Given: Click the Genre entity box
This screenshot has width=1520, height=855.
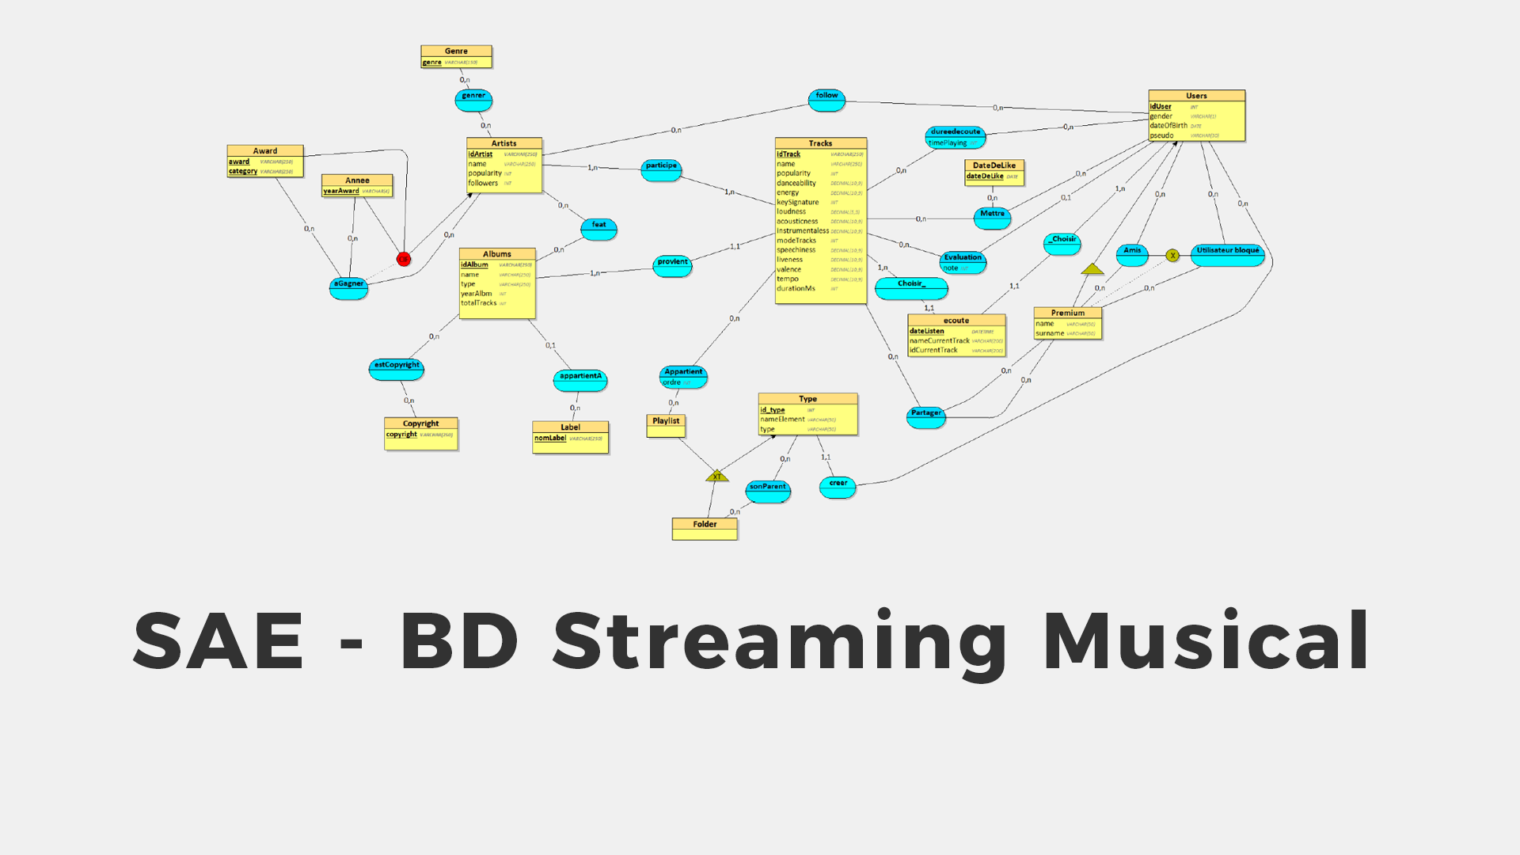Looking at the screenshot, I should pyautogui.click(x=456, y=56).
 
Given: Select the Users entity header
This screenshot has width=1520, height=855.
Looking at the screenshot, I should pyautogui.click(x=1196, y=96).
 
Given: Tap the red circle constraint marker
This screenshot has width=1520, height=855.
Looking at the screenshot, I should pyautogui.click(x=404, y=259).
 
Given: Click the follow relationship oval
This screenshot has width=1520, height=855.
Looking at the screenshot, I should pyautogui.click(x=826, y=100).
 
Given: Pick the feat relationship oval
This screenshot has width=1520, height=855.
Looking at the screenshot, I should pyautogui.click(x=598, y=229).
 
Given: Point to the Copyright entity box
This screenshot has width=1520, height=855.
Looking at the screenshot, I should pyautogui.click(x=420, y=433).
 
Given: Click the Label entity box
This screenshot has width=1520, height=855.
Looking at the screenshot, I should pyautogui.click(x=570, y=437).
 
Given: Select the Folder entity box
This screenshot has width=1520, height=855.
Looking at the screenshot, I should pyautogui.click(x=705, y=528).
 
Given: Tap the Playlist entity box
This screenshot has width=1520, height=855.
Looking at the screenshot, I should pyautogui.click(x=666, y=425).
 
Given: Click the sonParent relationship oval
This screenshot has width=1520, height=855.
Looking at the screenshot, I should pyautogui.click(x=768, y=491).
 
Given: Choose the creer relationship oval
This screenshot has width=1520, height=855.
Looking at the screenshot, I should pyautogui.click(x=838, y=487).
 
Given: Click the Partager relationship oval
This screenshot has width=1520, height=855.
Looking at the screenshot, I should pyautogui.click(x=925, y=417).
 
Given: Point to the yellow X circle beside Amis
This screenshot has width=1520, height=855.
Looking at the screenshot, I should pyautogui.click(x=1172, y=256).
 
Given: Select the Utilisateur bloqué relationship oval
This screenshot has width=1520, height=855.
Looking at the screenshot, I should pyautogui.click(x=1227, y=255).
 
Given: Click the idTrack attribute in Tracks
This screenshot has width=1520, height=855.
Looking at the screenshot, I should pyautogui.click(x=788, y=154).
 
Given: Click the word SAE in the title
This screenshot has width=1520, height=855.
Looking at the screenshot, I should pyautogui.click(x=218, y=640).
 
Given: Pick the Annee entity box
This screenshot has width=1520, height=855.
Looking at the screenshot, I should pyautogui.click(x=357, y=185).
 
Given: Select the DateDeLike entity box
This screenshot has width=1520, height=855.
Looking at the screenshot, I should pyautogui.click(x=994, y=172).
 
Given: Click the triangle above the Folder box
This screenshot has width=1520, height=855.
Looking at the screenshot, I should pyautogui.click(x=716, y=477).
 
